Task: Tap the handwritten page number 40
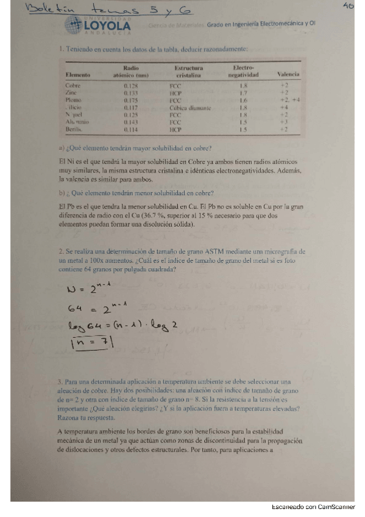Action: coord(349,6)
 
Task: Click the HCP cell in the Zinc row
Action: coord(176,93)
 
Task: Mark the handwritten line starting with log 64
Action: coord(119,327)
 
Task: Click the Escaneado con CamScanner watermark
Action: coord(316,507)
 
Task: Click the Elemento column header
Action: coord(78,74)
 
